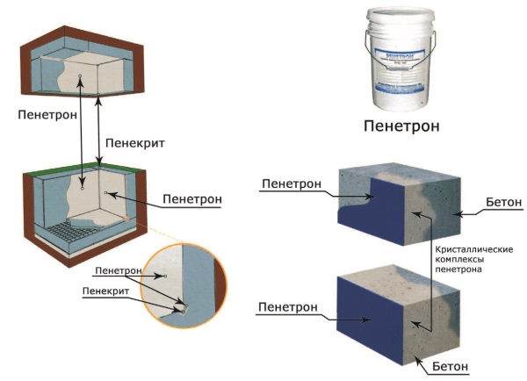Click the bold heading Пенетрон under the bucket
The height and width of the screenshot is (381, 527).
coord(401,126)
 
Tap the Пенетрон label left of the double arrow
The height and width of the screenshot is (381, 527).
coord(47,114)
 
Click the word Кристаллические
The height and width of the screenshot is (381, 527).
coord(474,248)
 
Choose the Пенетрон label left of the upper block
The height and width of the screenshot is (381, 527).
coord(291,185)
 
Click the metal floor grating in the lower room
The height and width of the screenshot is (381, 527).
coord(69,234)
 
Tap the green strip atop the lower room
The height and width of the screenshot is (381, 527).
coord(79,175)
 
